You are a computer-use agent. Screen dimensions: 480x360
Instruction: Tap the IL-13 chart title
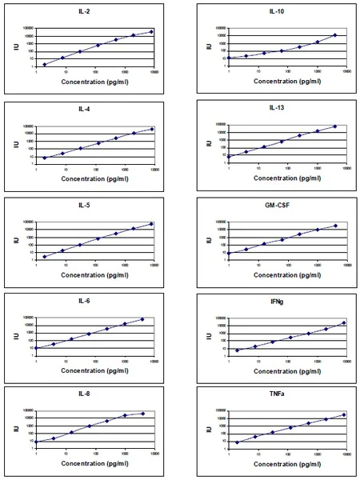point(276,107)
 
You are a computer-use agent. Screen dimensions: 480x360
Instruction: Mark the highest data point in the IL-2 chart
point(151,32)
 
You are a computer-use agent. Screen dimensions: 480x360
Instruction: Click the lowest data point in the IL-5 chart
point(45,257)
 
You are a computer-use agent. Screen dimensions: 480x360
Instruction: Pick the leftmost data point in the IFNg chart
point(237,350)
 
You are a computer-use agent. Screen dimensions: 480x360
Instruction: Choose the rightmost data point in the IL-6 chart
point(142,319)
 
